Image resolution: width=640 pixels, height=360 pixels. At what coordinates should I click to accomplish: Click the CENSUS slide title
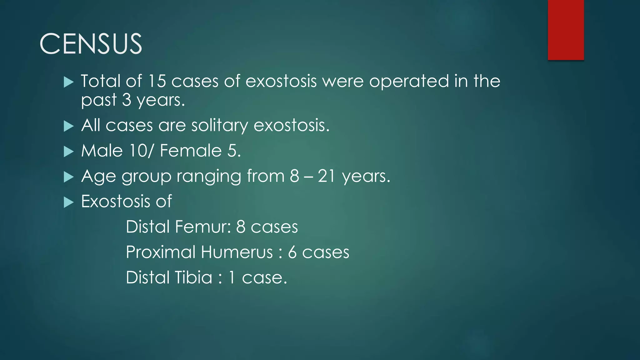tap(91, 44)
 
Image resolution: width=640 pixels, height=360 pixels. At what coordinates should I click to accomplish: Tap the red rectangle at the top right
tap(566, 30)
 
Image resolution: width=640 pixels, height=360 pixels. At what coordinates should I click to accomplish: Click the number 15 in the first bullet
tap(157, 81)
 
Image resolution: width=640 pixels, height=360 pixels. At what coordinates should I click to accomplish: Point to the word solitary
tap(219, 126)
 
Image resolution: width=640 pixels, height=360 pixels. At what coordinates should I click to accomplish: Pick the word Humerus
tap(237, 252)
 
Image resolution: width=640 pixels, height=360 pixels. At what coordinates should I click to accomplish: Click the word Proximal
tap(161, 252)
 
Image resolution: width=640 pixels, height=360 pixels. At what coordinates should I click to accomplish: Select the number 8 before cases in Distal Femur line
tap(241, 227)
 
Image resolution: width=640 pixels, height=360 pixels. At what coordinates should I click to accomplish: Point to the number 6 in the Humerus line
tap(292, 252)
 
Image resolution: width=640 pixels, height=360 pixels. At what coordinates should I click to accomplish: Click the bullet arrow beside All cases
tap(68, 127)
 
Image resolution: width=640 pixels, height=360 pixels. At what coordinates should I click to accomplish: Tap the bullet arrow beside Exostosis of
tap(68, 202)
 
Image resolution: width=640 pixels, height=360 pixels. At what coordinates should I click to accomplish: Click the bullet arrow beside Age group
tap(68, 177)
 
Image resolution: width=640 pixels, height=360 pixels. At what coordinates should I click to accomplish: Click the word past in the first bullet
tap(99, 101)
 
